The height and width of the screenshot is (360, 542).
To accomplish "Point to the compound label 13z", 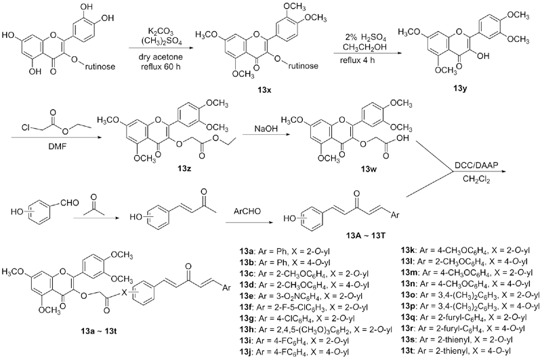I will point(182,166).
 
